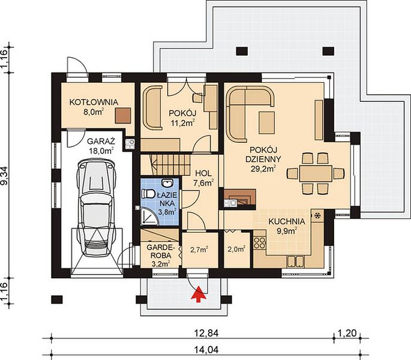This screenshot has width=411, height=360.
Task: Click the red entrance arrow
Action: (x=198, y=295)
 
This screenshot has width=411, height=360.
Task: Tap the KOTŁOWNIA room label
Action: (x=94, y=102)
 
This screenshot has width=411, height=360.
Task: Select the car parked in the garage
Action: (x=96, y=208)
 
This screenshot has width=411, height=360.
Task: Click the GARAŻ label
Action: (x=101, y=142)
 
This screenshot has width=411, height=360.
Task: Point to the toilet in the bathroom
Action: (x=148, y=194)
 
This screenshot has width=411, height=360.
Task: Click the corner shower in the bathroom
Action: (x=150, y=217)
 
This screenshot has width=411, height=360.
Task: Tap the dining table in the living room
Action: (x=316, y=173)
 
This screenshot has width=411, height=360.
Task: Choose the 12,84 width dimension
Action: (x=206, y=333)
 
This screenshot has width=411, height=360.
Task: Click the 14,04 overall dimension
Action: (x=206, y=350)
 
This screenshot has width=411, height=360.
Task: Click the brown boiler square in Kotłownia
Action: (x=123, y=115)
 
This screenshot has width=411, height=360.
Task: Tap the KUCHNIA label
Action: (x=287, y=221)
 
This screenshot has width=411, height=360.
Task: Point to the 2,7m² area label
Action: (x=199, y=250)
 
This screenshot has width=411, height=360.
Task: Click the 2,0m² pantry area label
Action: (x=236, y=249)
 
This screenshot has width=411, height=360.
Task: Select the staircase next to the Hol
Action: (x=165, y=164)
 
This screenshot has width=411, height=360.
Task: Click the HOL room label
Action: (x=203, y=173)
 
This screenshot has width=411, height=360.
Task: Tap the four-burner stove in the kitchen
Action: (x=259, y=242)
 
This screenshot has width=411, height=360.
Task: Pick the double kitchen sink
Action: (x=295, y=261)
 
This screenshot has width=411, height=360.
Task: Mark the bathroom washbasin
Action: (x=166, y=182)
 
